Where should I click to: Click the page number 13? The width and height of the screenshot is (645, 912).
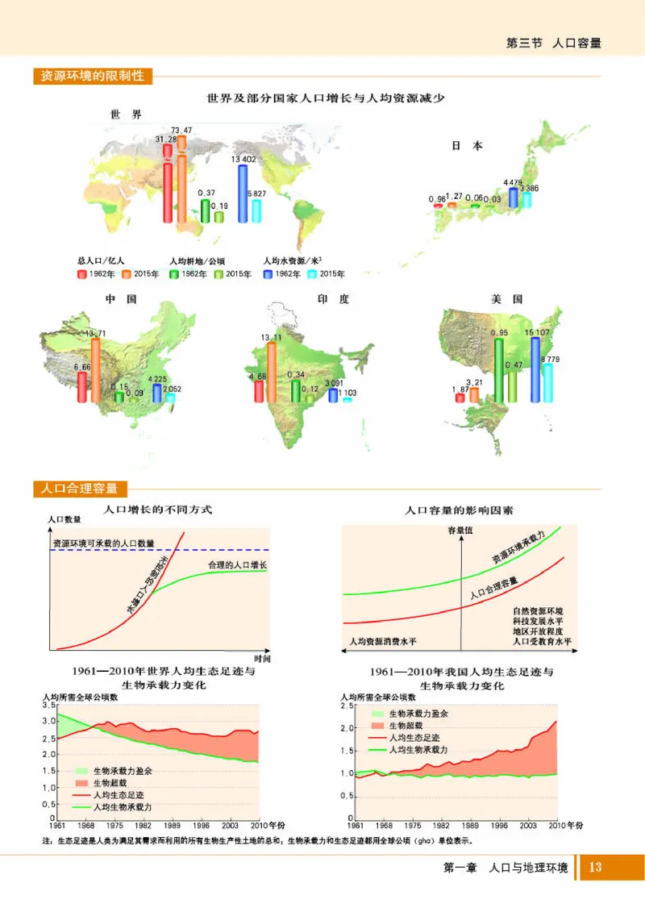click(596, 868)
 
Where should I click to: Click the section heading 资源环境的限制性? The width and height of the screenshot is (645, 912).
click(92, 77)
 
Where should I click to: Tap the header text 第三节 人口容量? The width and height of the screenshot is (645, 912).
click(553, 43)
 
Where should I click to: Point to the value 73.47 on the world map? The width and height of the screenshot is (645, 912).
click(181, 131)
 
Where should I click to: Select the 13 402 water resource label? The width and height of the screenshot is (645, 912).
click(243, 160)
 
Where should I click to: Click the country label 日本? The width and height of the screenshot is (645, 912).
click(466, 146)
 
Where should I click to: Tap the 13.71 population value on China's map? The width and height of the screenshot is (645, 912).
click(95, 334)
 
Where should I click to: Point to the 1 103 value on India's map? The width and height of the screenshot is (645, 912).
click(347, 393)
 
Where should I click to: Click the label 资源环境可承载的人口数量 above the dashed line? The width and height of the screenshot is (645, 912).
click(103, 543)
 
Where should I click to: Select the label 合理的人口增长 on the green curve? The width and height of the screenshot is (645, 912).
click(236, 564)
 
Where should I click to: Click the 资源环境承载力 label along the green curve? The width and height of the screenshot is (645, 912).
click(519, 548)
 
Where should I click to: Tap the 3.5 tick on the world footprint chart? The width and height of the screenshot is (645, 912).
click(44, 706)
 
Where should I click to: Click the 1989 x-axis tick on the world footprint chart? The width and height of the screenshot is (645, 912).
click(172, 827)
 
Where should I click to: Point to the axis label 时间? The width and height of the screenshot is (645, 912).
click(261, 658)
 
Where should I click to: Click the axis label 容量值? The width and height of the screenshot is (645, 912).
click(460, 530)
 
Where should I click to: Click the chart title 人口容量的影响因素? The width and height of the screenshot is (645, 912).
click(459, 510)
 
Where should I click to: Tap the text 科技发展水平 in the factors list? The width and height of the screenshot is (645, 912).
click(537, 621)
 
